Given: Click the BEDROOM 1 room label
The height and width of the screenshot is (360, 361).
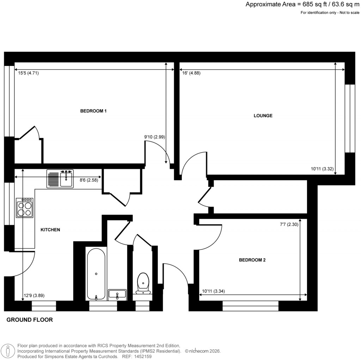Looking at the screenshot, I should click(x=93, y=111).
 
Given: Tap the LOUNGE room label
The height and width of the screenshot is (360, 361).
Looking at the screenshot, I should click(x=263, y=115).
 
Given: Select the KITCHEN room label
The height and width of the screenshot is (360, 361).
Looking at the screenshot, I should click(x=50, y=230).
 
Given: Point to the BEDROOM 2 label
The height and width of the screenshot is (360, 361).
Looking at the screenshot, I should click(x=252, y=260).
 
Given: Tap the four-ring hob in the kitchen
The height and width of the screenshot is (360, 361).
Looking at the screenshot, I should click(x=25, y=208).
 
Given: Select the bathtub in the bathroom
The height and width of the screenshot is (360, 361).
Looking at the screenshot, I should click(x=96, y=274).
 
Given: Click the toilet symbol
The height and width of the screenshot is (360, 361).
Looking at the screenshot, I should click(x=143, y=283).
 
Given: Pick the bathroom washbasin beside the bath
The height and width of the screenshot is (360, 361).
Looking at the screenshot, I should click(x=117, y=294).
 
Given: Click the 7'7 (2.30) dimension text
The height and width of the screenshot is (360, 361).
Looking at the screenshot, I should click(x=288, y=224).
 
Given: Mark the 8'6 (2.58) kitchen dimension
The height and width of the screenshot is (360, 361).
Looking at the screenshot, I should click(x=89, y=180).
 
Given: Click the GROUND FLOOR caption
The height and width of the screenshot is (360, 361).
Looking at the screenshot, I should click(x=30, y=320).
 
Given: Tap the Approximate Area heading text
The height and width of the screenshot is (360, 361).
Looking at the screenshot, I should click(x=302, y=5).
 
